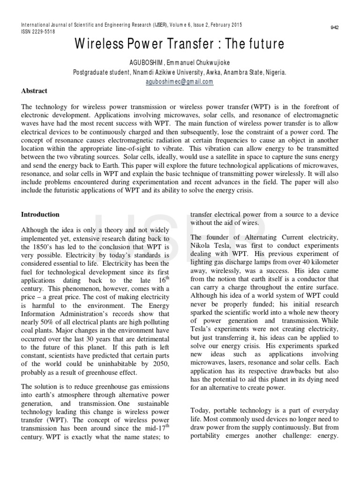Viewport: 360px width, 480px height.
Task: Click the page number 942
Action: [x=335, y=28]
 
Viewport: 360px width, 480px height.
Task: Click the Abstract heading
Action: [x=34, y=90]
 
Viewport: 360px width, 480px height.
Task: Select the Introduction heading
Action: [x=40, y=214]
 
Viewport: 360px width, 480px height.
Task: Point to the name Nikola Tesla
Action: [x=210, y=246]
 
